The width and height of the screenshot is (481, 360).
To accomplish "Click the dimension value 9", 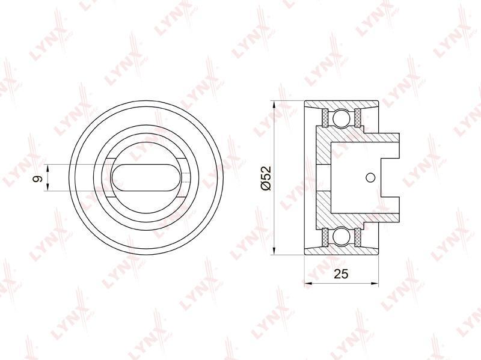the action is (38, 178).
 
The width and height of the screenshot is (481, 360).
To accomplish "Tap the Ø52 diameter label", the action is (265, 178).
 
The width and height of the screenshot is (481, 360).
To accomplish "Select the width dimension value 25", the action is (341, 274).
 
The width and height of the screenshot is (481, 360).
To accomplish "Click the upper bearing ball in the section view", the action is (342, 118).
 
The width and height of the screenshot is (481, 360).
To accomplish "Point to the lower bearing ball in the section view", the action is (342, 237).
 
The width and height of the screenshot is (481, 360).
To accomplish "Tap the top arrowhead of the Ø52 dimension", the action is (273, 104).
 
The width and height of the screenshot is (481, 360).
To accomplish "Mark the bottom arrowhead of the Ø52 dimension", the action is (273, 251).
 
